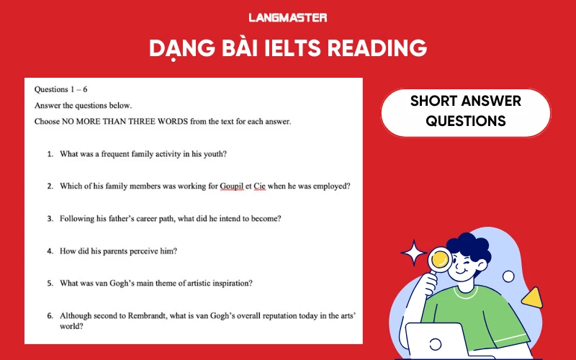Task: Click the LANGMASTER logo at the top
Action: (287, 17)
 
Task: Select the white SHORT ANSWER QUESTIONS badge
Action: (465, 111)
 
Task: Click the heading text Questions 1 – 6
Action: (60, 89)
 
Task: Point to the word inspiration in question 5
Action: (230, 283)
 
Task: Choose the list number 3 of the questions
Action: (50, 218)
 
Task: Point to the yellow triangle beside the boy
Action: (531, 297)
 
